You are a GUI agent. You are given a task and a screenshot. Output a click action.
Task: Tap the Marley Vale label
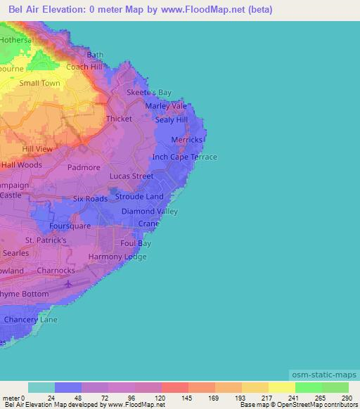click(x=166, y=106)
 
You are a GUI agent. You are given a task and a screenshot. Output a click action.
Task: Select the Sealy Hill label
click(x=172, y=120)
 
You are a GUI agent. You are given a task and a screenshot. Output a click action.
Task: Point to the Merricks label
click(x=187, y=140)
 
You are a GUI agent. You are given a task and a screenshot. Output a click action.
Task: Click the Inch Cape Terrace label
click(x=185, y=157)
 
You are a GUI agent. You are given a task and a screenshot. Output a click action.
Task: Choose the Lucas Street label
click(x=131, y=176)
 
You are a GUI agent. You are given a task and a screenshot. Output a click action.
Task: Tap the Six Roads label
click(x=91, y=199)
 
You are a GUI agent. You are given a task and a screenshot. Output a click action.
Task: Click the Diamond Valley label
click(x=150, y=211)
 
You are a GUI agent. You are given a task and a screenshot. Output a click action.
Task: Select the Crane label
click(x=148, y=223)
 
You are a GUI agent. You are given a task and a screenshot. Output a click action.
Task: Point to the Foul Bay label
click(x=136, y=244)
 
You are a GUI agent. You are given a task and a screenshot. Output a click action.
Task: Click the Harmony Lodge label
click(x=117, y=257)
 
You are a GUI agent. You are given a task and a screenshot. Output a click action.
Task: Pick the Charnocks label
click(x=56, y=270)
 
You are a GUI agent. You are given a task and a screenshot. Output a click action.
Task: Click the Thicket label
click(x=119, y=119)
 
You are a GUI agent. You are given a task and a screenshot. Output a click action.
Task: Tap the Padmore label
click(x=84, y=168)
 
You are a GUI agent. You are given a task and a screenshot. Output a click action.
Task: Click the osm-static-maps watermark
click(x=324, y=375)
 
